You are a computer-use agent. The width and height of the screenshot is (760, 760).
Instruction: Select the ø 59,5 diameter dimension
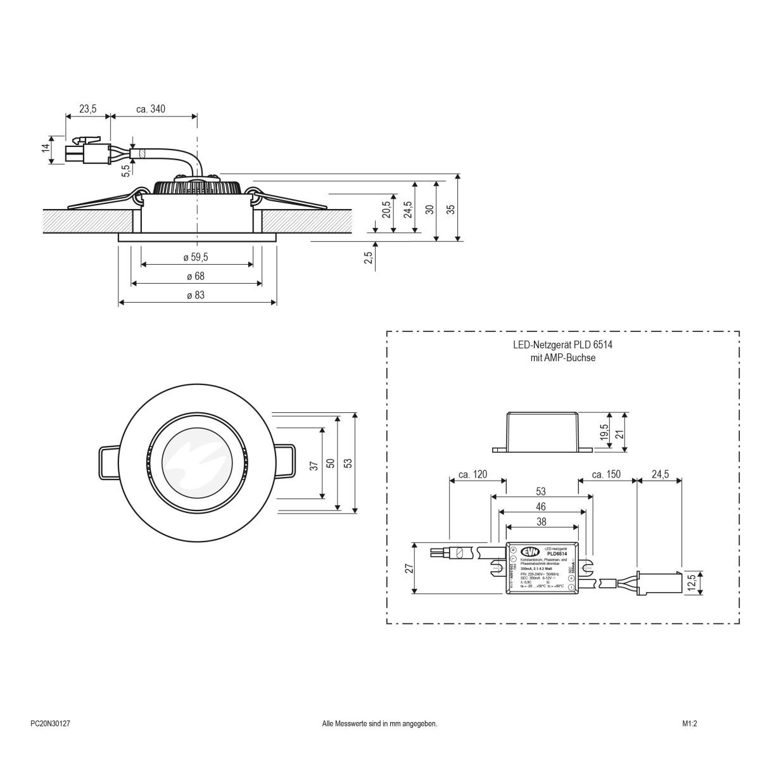coord(196,257)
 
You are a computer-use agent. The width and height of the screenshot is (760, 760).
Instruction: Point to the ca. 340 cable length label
coord(151,109)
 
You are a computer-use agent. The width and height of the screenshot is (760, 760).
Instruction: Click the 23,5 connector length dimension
coord(87,109)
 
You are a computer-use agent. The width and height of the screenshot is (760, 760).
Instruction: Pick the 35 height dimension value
coord(451,210)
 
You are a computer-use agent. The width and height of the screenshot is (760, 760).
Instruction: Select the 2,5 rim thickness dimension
coord(368,256)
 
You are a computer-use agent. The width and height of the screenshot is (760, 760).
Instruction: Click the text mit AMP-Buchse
coord(563,358)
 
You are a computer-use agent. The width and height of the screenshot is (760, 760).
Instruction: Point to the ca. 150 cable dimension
coord(605,474)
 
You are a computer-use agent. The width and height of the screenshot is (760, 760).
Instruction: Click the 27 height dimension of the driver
coord(410,568)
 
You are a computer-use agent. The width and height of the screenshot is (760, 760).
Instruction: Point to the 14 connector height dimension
coord(45,148)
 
